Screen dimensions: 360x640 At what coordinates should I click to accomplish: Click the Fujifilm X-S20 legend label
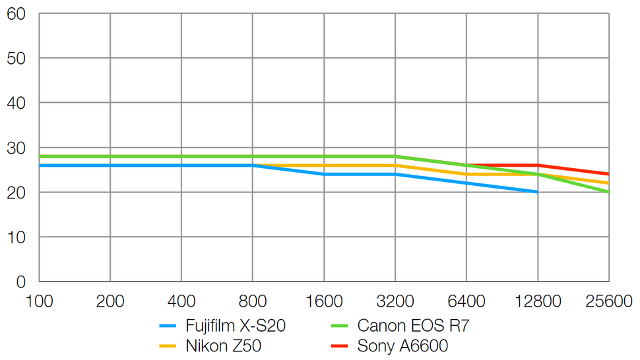236,325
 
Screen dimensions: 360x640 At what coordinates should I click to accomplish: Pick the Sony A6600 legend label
402,345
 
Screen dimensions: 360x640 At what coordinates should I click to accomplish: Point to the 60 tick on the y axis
16,13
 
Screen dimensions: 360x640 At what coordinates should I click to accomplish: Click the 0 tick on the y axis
20,282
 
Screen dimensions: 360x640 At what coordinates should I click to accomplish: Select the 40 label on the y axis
16,103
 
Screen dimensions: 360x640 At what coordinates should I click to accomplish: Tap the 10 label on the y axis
16,237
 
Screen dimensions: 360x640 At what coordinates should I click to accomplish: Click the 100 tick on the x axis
39,301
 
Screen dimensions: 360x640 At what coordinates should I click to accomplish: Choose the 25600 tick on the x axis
608,301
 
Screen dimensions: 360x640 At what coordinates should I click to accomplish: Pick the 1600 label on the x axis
324,301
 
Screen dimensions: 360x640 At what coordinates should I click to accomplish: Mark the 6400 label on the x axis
466,301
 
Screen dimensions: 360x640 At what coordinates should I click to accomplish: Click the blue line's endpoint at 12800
538,192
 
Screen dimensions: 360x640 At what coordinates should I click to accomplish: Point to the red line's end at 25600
608,174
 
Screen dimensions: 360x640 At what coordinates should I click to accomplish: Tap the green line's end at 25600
608,192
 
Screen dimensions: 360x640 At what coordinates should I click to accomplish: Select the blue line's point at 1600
324,174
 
